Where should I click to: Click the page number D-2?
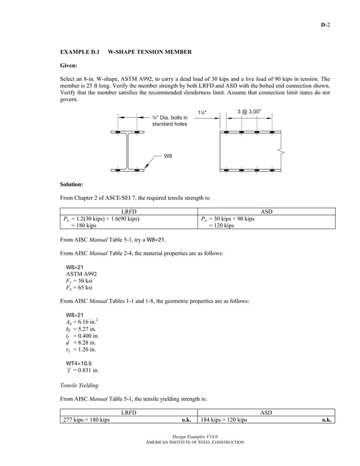click(x=326, y=25)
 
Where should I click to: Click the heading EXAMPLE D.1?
click(x=80, y=52)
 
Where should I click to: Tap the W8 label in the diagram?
click(x=168, y=155)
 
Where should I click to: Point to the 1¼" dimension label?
click(x=201, y=112)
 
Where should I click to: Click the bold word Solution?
click(x=72, y=184)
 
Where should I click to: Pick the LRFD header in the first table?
click(x=129, y=212)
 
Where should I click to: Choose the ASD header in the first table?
click(x=267, y=212)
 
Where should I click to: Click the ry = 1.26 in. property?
click(x=81, y=349)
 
